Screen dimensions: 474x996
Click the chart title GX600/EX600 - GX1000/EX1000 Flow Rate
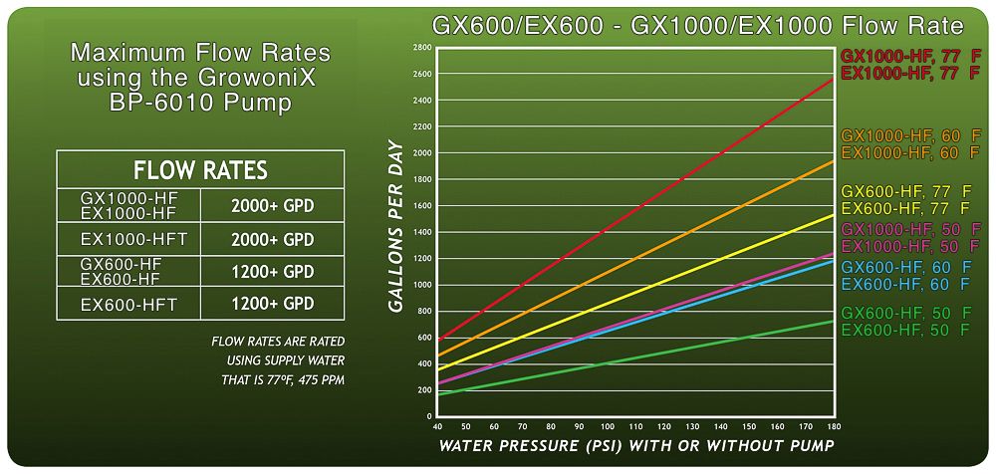[x=696, y=25]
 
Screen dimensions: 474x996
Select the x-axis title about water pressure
[x=636, y=445]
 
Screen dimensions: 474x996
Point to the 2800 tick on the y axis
[x=422, y=47]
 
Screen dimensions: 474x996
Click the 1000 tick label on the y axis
[x=422, y=285]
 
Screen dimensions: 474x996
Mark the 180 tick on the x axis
[x=834, y=426]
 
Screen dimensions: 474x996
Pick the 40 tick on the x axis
[x=438, y=426]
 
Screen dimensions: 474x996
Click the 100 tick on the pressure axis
[x=608, y=426]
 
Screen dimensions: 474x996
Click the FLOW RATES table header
[x=200, y=169]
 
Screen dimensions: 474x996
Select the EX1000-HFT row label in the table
[x=128, y=240]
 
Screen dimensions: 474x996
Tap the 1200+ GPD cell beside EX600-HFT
[x=272, y=304]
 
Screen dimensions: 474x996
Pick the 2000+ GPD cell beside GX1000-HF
[x=272, y=206]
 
